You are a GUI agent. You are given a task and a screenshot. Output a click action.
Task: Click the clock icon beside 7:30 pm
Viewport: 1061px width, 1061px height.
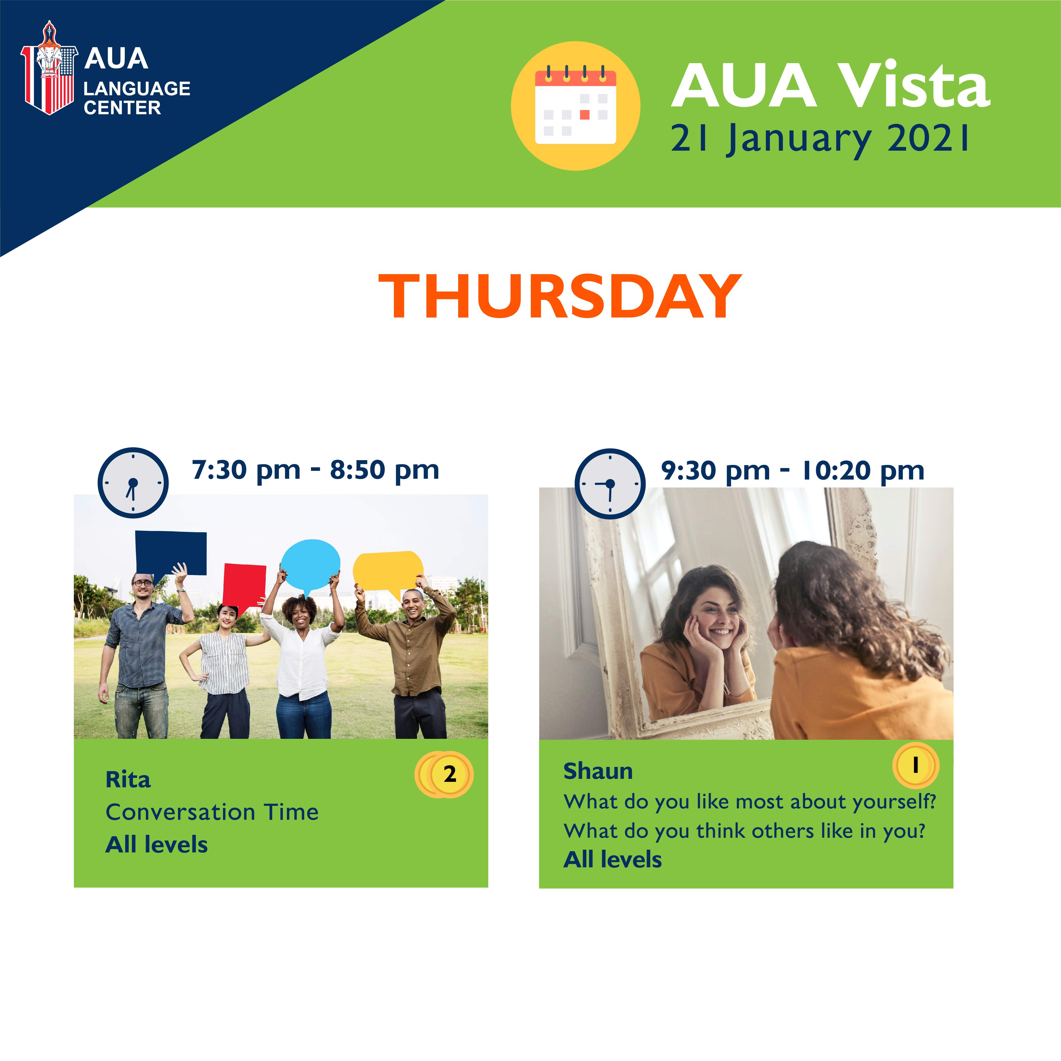[x=133, y=483]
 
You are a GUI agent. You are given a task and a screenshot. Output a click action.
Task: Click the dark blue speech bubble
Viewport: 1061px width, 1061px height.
[x=171, y=555]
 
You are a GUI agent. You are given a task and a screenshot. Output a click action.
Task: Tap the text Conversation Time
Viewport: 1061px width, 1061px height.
[x=212, y=812]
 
